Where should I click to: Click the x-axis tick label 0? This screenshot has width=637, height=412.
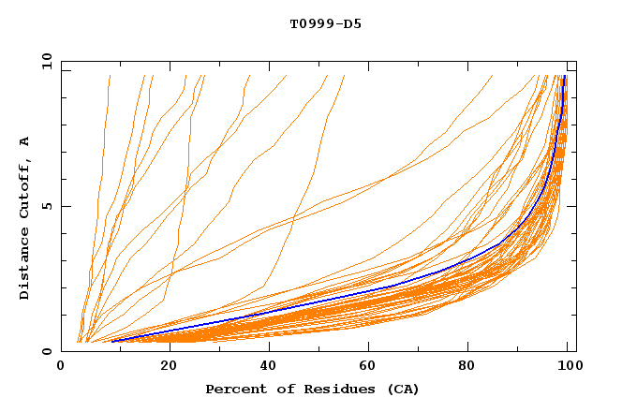61,367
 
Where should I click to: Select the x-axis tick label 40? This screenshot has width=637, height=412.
268,367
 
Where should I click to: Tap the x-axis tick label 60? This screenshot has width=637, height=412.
369,367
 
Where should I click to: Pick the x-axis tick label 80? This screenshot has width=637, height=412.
470,367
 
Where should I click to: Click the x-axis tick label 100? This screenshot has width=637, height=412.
569,367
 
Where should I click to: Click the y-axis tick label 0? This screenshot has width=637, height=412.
46,352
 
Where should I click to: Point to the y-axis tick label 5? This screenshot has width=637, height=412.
46,206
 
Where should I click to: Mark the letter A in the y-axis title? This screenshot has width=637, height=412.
25,141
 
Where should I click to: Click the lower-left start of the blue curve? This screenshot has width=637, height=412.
112,342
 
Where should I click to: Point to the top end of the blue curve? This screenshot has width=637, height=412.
564,77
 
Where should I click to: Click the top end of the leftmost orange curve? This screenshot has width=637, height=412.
110,76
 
